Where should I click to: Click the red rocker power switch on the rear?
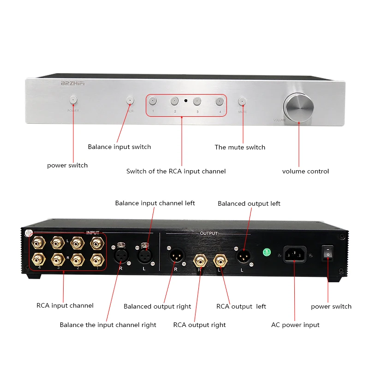[x=327, y=253]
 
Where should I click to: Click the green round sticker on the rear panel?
[x=266, y=252]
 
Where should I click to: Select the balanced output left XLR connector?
[x=242, y=256]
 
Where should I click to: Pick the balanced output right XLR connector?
[x=176, y=256]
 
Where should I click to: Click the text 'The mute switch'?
[x=240, y=148]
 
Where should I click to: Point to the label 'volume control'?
[x=305, y=172]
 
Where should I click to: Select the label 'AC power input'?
[x=295, y=325]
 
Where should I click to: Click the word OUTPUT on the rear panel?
[x=208, y=233]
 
